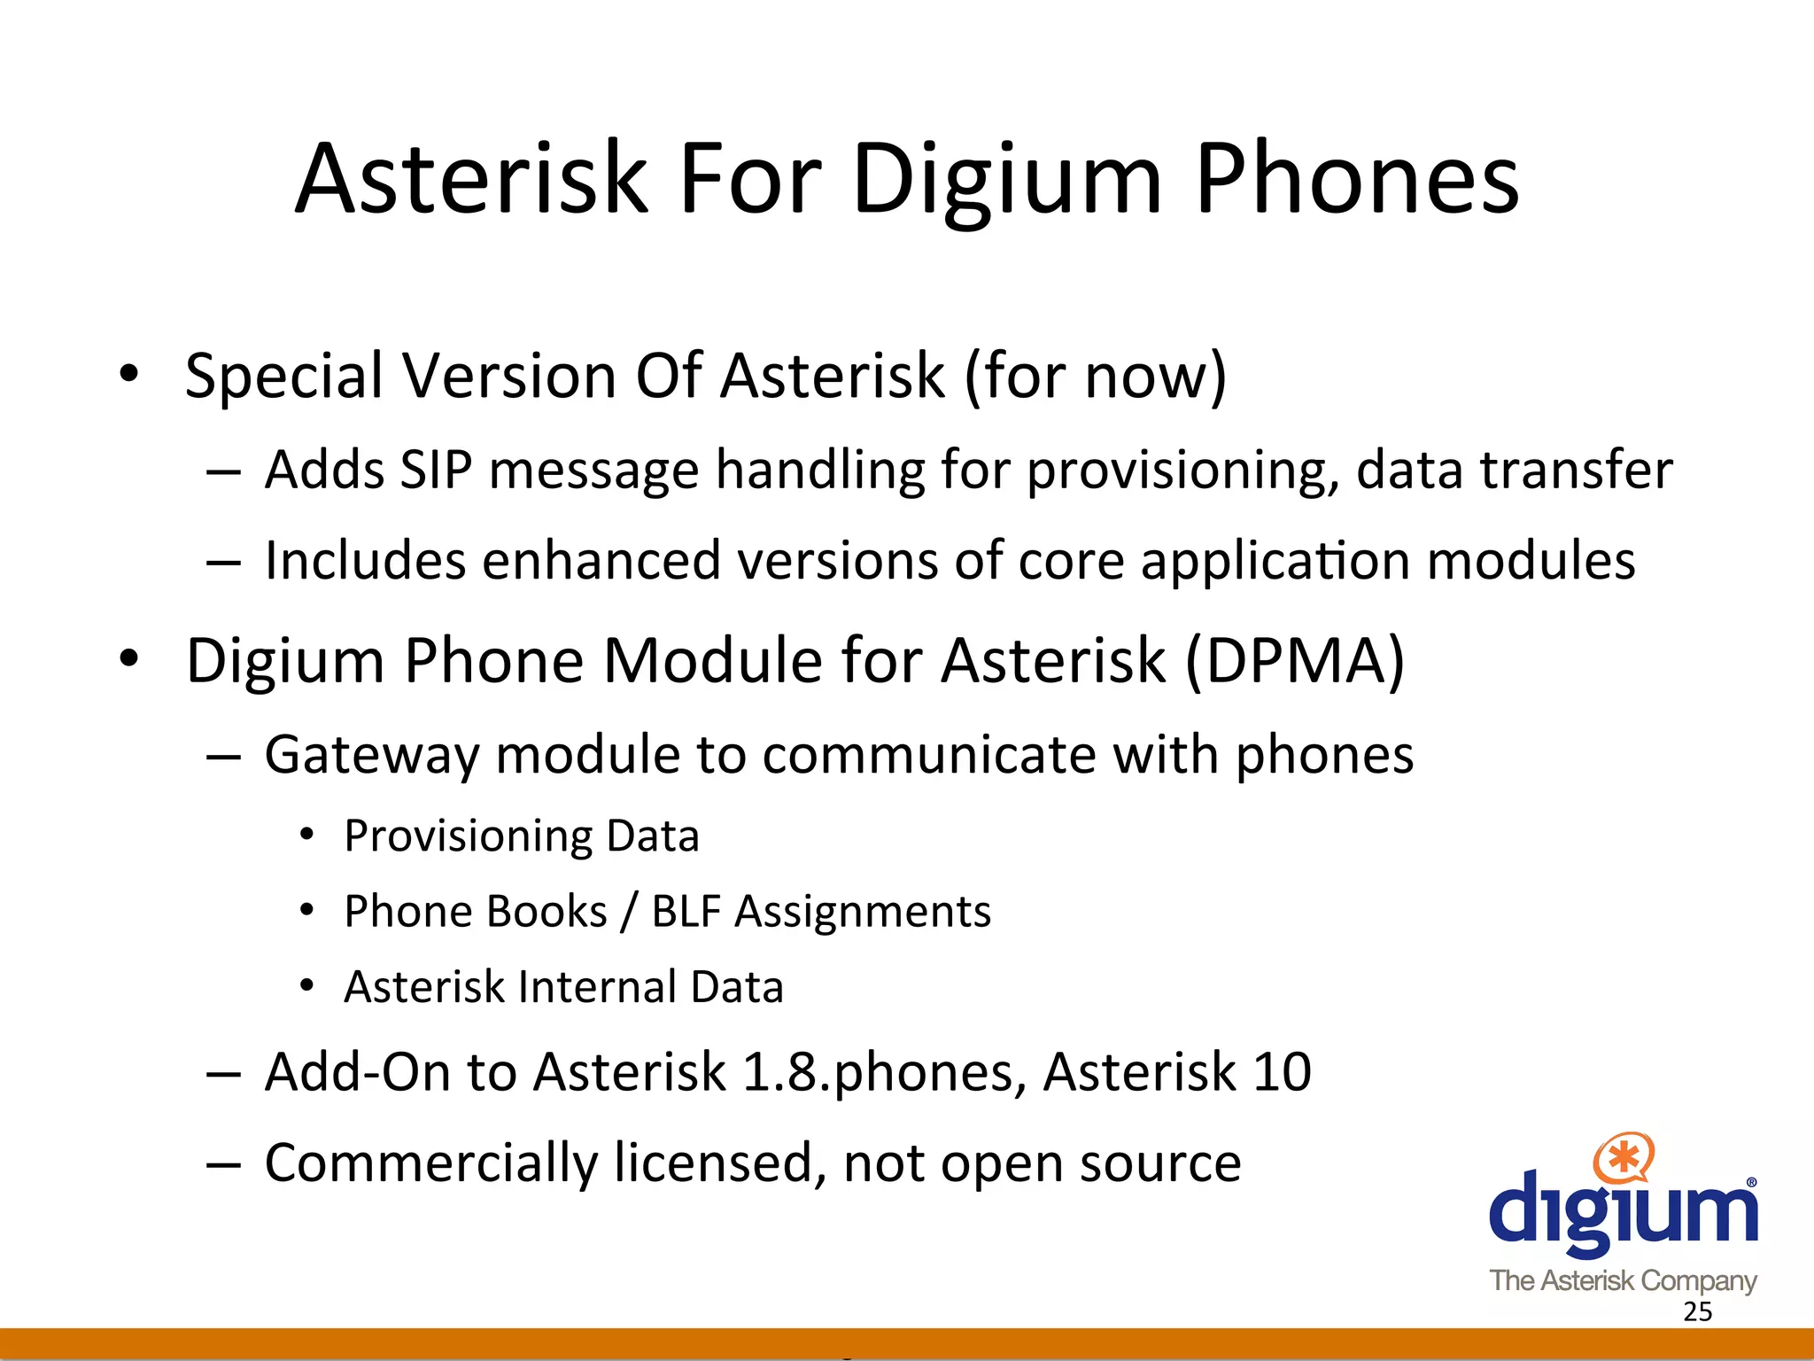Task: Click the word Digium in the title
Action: click(x=1006, y=182)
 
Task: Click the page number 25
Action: click(x=1697, y=1312)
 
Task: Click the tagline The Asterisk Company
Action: click(x=1623, y=1280)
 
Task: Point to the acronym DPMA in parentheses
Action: click(x=1294, y=661)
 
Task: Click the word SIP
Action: click(x=436, y=470)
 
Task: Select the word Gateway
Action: click(x=371, y=756)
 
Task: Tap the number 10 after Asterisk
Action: click(x=1281, y=1072)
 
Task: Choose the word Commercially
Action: click(x=430, y=1164)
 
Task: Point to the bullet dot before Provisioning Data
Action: click(x=306, y=835)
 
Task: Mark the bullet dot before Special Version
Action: click(x=129, y=374)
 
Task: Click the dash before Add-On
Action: click(x=223, y=1074)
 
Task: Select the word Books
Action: click(x=551, y=912)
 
